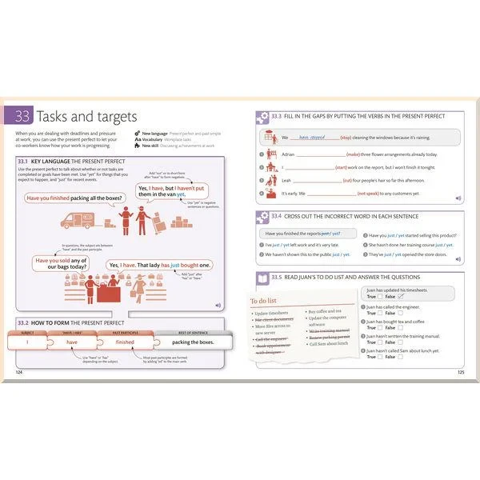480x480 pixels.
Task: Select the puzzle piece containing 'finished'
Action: tap(124, 342)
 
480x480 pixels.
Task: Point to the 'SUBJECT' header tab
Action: tap(27, 330)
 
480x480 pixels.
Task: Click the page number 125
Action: tap(460, 372)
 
